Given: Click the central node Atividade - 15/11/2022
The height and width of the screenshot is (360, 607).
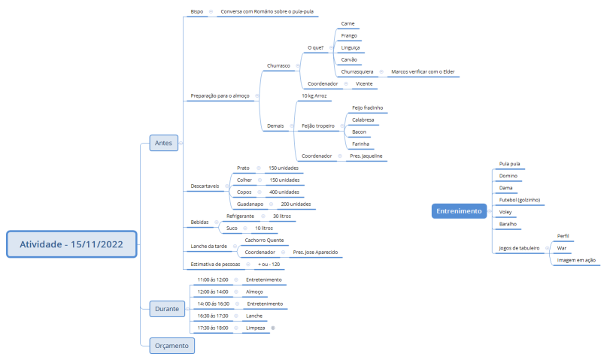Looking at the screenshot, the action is pos(71,244).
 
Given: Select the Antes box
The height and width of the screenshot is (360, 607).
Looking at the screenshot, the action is pos(164,143).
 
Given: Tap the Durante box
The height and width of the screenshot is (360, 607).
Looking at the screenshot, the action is pos(167,309).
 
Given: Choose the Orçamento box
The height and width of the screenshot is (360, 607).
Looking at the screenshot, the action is pos(172,346).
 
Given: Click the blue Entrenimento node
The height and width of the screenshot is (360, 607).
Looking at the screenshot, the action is pos(459,211).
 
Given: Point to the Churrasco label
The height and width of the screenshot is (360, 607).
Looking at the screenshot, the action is pos(278,65).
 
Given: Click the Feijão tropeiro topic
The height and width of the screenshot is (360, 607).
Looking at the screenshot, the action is pos(318,126).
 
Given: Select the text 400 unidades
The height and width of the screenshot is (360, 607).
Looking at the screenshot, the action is pos(284,192).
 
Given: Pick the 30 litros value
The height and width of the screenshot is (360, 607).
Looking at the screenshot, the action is pos(282,216).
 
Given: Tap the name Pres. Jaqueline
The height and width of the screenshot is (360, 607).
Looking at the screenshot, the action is pos(366,156).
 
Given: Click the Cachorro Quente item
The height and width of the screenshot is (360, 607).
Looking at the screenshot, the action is pos(265,241).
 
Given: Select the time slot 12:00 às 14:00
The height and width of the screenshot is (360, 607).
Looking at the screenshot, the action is pos(213,292).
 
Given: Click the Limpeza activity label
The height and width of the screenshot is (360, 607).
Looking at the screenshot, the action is pos(256,328).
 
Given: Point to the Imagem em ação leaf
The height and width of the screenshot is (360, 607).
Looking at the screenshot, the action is pos(576,260).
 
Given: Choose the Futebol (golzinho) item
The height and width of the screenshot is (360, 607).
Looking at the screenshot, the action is pos(520,200).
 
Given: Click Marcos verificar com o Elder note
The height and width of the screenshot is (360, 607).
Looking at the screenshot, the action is pos(423,71).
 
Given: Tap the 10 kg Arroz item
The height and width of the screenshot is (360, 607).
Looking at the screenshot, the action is pos(314,95).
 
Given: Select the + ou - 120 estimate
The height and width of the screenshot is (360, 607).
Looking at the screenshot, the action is pos(269,264).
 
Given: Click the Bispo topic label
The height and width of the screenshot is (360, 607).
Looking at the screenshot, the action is pos(196,11).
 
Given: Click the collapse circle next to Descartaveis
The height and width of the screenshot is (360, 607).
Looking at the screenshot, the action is pos(227,186).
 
